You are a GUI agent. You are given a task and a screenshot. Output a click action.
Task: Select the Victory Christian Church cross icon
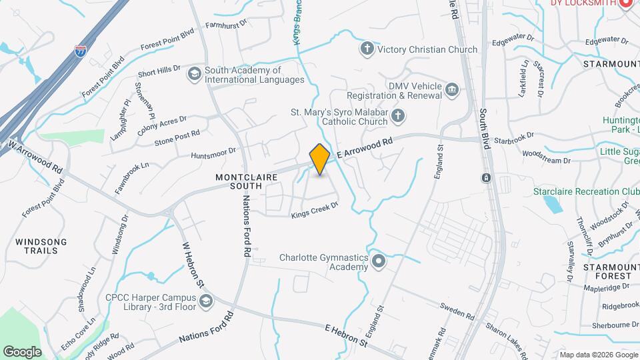367,49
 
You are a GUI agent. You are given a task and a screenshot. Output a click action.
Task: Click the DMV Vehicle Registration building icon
453,89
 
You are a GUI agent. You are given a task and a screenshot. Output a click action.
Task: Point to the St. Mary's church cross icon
398,117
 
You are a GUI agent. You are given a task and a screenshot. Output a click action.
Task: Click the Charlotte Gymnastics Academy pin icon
379,261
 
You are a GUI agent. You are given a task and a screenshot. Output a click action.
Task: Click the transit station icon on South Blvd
486,178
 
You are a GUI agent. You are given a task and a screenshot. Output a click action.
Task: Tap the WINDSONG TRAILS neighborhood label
41,246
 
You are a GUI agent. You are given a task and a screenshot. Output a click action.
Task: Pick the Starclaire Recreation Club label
586,191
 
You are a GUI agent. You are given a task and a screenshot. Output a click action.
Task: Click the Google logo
22,351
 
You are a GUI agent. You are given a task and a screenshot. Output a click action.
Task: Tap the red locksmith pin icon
625,3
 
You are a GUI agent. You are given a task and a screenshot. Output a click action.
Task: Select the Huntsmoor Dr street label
213,153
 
